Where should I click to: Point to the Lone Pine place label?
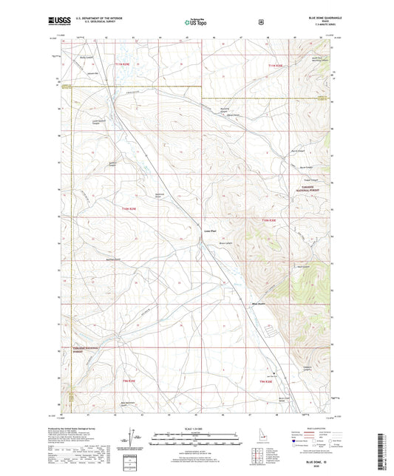(x=209, y=230)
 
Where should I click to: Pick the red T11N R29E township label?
(x=126, y=66)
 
